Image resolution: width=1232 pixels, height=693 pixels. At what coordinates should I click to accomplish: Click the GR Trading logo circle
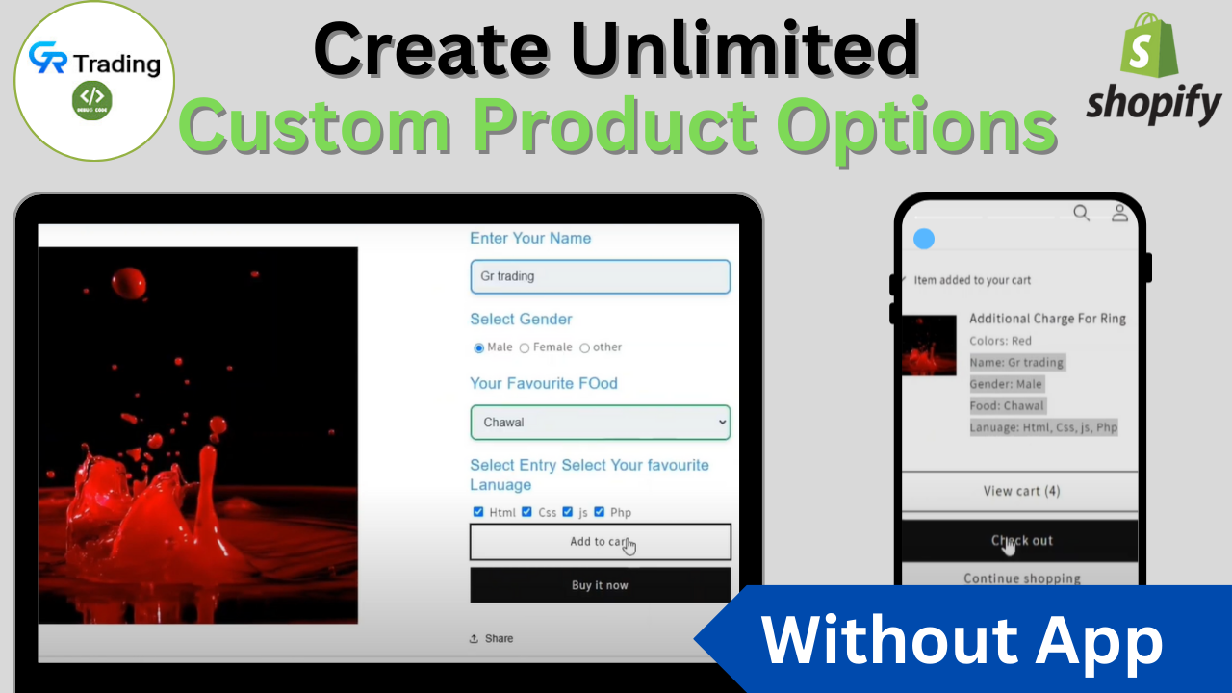coord(94,81)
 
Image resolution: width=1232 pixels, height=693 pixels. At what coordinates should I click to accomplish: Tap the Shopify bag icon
coord(1150,44)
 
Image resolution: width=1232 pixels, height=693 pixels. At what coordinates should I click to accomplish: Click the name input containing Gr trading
coord(600,276)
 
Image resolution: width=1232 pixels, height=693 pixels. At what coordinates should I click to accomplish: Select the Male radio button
coord(479,347)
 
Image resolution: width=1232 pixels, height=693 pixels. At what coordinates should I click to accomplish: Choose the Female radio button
coord(525,347)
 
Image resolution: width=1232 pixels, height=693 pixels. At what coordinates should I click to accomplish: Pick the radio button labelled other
coord(584,347)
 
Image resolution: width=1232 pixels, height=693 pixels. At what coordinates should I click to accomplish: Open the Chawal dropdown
coord(600,423)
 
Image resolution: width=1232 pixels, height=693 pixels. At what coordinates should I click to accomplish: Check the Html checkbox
coord(478,512)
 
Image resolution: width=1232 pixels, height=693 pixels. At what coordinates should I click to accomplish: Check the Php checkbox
coord(600,512)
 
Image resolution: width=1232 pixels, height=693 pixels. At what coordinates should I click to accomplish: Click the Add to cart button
coord(600,542)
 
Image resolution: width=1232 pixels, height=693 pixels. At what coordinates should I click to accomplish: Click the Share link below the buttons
coord(492,638)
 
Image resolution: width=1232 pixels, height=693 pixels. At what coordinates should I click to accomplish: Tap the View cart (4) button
coord(1020,491)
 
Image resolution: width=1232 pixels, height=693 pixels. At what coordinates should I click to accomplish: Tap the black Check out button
coord(1020,541)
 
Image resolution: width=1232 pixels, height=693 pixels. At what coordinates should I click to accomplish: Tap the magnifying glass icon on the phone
coord(1082,213)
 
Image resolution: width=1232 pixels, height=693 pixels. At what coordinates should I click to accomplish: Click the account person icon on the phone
coord(1119,213)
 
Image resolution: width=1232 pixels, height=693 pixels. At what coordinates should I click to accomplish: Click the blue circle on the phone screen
coord(924,239)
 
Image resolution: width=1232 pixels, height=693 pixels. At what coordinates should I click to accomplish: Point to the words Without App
coord(962,640)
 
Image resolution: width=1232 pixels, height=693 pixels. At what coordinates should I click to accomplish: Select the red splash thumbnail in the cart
coord(930,346)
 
